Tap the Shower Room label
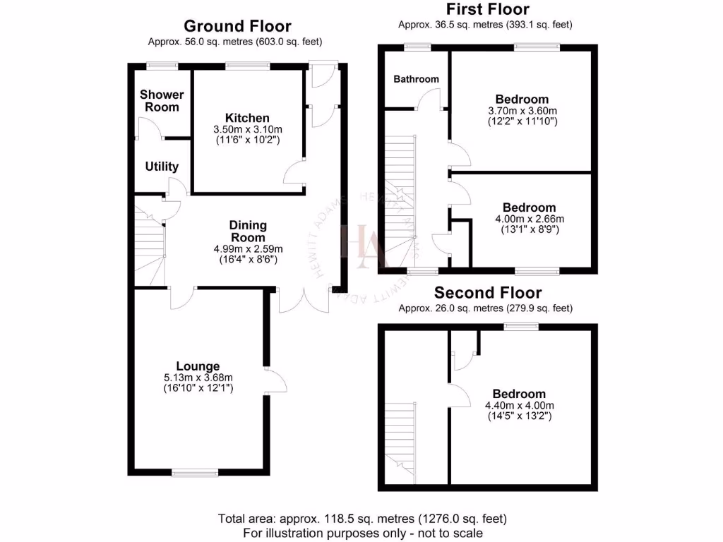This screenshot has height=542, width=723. (x=162, y=101)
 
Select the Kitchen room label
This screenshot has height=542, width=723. (x=247, y=118)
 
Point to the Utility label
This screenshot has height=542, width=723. (x=162, y=167)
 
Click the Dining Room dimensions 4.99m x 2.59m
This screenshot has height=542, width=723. (x=248, y=248)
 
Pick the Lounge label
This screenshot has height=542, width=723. (x=198, y=366)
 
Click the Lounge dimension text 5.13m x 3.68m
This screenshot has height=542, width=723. (x=198, y=378)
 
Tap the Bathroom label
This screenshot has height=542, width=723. (x=416, y=79)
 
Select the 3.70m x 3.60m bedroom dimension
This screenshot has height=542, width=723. (x=522, y=111)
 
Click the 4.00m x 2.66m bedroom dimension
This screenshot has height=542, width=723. (x=529, y=219)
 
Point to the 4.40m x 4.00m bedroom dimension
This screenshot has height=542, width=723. (x=519, y=405)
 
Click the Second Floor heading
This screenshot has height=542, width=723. (x=488, y=292)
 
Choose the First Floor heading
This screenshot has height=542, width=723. (x=487, y=9)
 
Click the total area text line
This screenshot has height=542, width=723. (x=362, y=519)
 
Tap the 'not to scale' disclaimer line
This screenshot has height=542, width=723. (x=362, y=532)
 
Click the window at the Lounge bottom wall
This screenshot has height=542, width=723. (x=195, y=474)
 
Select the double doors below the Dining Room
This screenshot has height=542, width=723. (x=304, y=301)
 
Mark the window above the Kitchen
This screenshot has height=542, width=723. (x=247, y=66)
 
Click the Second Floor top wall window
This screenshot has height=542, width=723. (x=521, y=326)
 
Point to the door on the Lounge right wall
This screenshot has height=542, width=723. (x=275, y=381)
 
